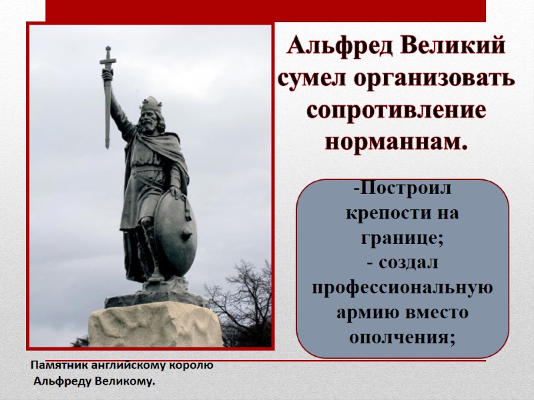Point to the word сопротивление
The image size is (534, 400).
[396, 109]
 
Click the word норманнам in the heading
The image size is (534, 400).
[396, 141]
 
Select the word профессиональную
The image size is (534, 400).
[403, 288]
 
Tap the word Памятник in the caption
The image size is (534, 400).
[59, 366]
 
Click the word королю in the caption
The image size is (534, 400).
[192, 366]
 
